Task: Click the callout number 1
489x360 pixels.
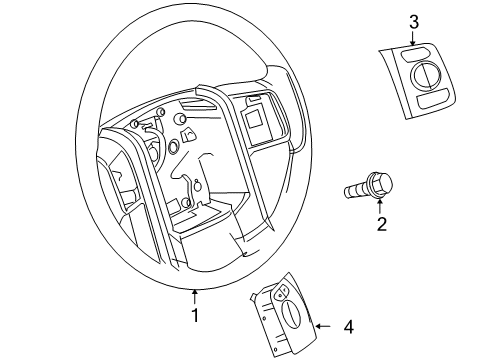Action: coord(195,315)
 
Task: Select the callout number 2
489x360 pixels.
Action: coord(381,224)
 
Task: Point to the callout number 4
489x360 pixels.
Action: coord(348,326)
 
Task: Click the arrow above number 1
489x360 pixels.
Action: coord(195,295)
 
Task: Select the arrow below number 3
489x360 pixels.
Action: coord(412,39)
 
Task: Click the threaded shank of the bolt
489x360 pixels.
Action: coord(357,188)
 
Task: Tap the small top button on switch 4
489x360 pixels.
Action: coord(282,292)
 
